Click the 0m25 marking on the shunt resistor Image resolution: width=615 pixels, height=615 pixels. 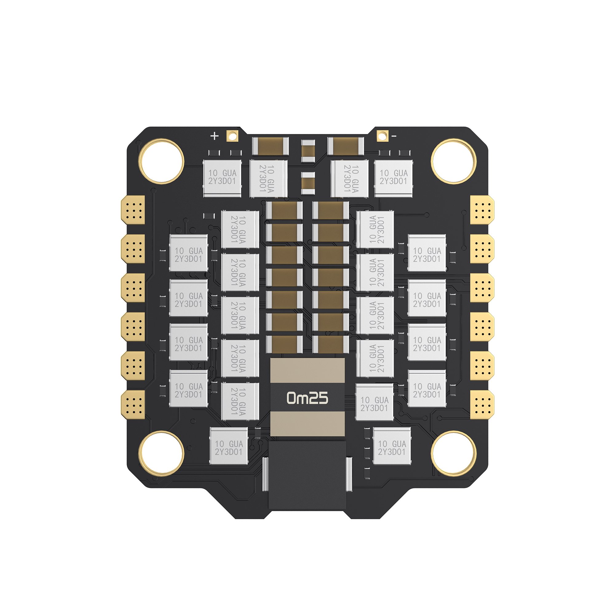coord(307,398)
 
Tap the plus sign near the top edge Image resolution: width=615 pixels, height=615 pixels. coord(215,136)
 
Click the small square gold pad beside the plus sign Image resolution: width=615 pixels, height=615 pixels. coord(232,136)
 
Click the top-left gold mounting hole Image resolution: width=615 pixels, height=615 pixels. coord(161,161)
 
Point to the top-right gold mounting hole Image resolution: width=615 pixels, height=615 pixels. coord(453,161)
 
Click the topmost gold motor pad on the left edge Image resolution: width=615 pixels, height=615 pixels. coord(133,209)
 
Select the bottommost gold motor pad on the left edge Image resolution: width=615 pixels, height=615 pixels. coord(133,404)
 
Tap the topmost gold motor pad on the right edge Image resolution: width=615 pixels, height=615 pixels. coord(482,209)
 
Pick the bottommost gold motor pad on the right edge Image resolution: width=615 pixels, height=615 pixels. coord(482,404)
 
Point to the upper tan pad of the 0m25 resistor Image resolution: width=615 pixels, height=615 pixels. coord(307,370)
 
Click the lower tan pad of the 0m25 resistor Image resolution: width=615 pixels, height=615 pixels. coord(307,424)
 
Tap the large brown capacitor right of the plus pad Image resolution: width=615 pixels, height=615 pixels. coord(270,146)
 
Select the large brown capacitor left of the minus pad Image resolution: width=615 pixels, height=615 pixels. coord(346,146)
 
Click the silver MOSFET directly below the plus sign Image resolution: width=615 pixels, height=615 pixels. coord(222,178)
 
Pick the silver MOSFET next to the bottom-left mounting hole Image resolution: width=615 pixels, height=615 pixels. coord(229,446)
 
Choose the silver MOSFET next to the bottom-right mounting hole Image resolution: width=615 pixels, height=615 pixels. coord(392,446)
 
